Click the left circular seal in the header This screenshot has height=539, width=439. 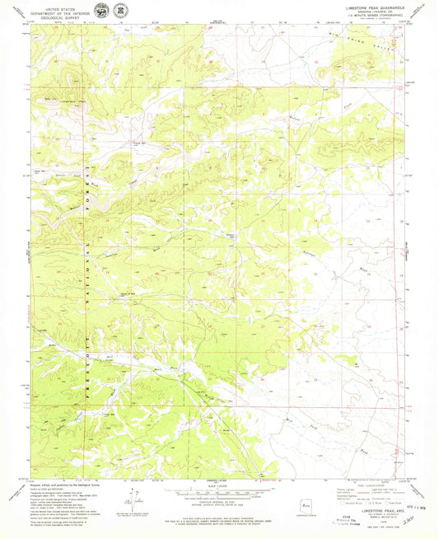tap(100, 12)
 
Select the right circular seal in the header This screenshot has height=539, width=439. tap(120, 12)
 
